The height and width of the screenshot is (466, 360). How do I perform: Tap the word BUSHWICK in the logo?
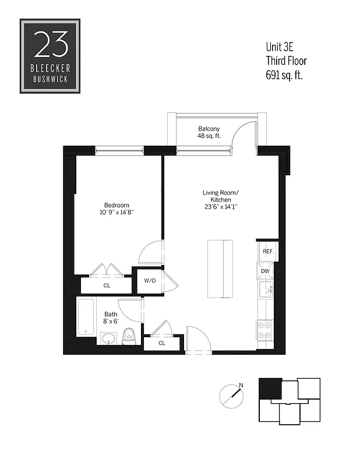pyautogui.click(x=50, y=77)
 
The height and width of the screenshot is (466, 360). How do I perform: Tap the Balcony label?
pyautogui.click(x=209, y=129)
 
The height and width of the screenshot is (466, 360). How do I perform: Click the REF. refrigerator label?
pyautogui.click(x=268, y=252)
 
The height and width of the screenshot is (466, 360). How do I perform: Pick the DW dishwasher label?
pyautogui.click(x=265, y=271)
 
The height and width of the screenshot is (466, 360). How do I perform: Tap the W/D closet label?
pyautogui.click(x=150, y=281)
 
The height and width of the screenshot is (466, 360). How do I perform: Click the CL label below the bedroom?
pyautogui.click(x=107, y=285)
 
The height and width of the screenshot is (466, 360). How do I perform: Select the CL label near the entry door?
pyautogui.click(x=161, y=343)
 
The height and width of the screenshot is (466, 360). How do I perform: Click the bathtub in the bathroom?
pyautogui.click(x=86, y=317)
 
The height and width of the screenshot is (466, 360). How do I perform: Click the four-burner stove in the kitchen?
pyautogui.click(x=264, y=331)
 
